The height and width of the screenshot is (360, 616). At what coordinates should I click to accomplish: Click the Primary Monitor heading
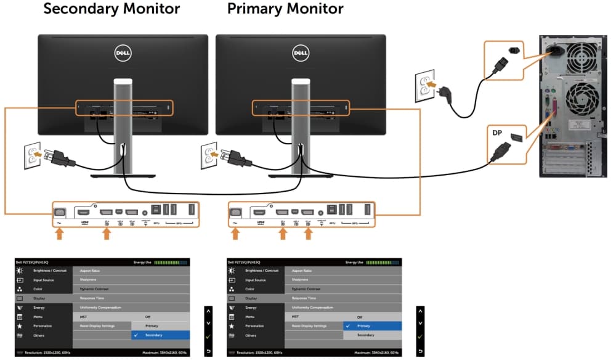[x=285, y=9]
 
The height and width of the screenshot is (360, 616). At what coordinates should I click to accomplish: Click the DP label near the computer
[x=497, y=133]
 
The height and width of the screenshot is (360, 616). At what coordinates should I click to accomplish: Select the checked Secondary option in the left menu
[x=153, y=335]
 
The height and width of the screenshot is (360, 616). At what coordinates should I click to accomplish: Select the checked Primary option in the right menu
[x=363, y=325]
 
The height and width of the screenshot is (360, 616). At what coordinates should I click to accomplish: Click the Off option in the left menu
[x=148, y=316]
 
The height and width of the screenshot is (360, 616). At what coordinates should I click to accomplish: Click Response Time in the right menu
[x=303, y=298]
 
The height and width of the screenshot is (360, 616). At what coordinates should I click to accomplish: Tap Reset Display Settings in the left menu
[x=97, y=325]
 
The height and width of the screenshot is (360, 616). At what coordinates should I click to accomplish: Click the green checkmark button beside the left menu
[x=208, y=337]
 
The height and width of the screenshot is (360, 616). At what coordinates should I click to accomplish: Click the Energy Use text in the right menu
[x=356, y=262]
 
